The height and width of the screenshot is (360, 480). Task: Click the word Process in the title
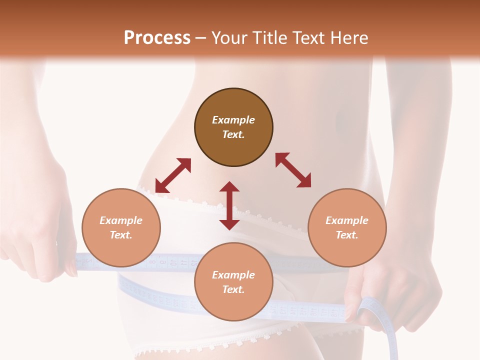tap(157, 38)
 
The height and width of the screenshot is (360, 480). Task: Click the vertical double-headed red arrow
tap(229, 205)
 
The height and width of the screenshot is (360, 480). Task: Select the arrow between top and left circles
tap(173, 175)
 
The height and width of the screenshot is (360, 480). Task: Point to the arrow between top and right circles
tap(293, 170)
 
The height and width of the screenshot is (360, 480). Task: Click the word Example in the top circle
tap(233, 120)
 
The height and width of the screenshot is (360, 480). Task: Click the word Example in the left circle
tap(121, 220)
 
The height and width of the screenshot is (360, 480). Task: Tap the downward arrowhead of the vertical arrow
tap(229, 224)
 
